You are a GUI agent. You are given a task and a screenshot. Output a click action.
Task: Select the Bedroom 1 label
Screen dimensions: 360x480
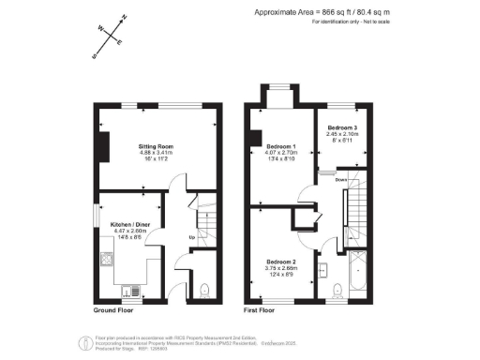[282, 147]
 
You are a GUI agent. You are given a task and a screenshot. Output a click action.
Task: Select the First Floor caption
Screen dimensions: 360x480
[263, 309]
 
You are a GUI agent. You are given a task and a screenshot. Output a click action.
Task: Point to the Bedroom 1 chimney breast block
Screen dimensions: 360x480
[254, 140]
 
